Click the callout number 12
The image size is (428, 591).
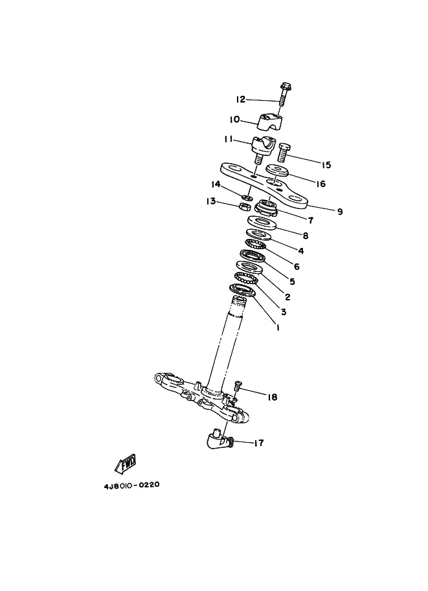point(241,100)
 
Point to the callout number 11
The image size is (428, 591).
point(228,139)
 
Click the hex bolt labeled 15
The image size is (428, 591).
point(284,152)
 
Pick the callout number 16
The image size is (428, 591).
point(321,184)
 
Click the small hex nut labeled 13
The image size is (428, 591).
point(245,206)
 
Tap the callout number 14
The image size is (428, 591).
point(216,184)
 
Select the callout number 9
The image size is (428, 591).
point(340,212)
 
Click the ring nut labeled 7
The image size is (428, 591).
point(266,208)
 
